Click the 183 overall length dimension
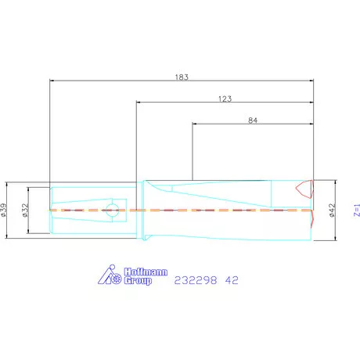[x=182, y=77]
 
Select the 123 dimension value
[x=225, y=99]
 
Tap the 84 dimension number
[x=253, y=121]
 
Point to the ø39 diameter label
[x=4, y=210]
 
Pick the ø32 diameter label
[x=25, y=211]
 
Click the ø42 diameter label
[x=332, y=211]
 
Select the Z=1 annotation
[x=357, y=211]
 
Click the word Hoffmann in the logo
[x=146, y=272]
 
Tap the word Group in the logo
[x=138, y=281]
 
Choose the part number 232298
[x=196, y=280]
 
